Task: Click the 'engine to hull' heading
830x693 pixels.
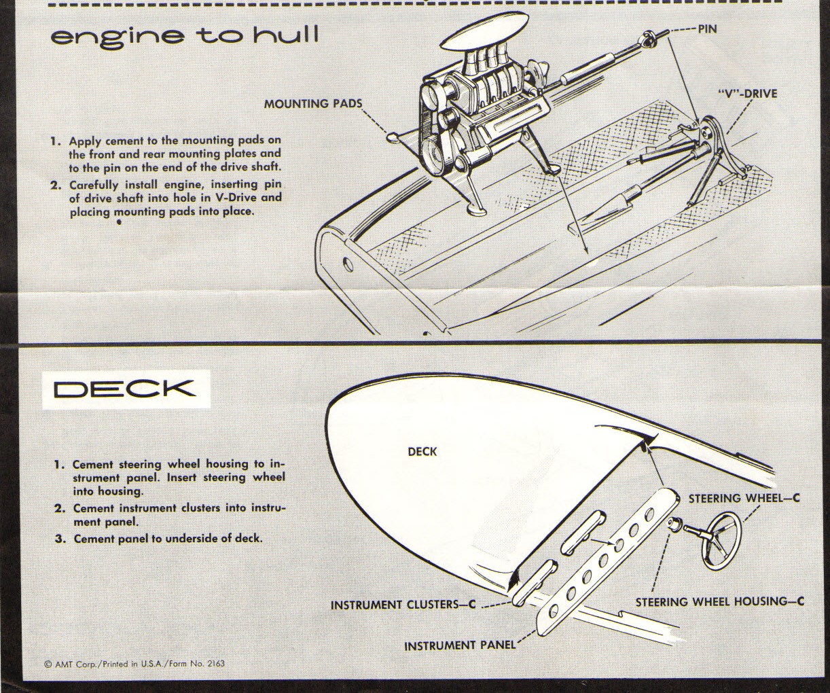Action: [184, 36]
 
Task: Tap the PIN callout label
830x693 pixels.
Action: [706, 29]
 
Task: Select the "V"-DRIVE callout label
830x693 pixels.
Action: [746, 94]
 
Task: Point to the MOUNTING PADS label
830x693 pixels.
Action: [312, 104]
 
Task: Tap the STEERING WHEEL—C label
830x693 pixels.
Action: [744, 498]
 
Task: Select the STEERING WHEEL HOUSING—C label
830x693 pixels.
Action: [719, 601]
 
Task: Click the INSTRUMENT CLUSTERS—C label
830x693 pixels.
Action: [403, 605]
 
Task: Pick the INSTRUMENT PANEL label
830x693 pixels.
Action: [459, 645]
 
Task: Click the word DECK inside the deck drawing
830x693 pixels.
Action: [422, 451]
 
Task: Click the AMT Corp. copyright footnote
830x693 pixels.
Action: [134, 663]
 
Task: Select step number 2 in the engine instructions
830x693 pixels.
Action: [56, 185]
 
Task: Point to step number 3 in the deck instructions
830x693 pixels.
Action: [60, 539]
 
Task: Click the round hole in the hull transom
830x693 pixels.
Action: [348, 262]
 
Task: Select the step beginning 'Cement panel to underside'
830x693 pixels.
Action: [167, 539]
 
